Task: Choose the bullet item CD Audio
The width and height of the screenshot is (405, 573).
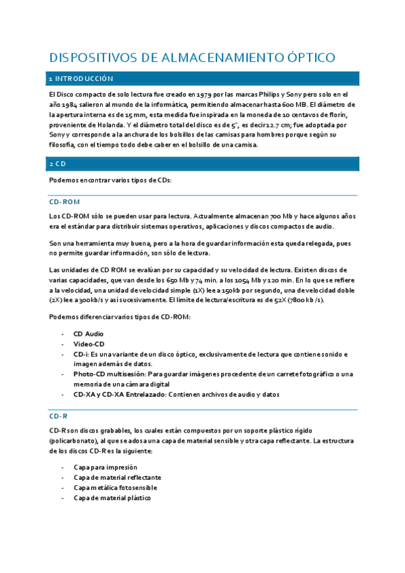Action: point(88,334)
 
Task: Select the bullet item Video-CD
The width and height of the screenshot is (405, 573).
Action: point(89,344)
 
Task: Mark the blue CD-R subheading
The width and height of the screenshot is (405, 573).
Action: point(59,416)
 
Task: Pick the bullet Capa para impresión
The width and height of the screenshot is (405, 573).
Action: point(105,467)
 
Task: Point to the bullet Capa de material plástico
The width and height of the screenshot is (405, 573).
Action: point(112,497)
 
